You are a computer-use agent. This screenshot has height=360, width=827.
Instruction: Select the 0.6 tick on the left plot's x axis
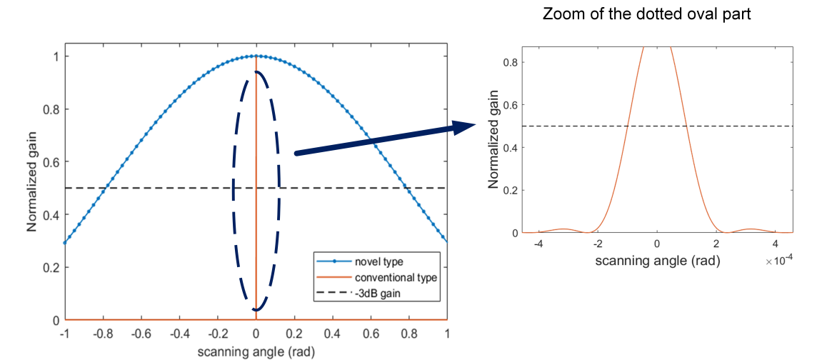371,334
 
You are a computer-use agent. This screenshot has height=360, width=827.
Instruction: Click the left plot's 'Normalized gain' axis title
32,188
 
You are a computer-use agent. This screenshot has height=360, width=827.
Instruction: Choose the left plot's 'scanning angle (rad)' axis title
256,351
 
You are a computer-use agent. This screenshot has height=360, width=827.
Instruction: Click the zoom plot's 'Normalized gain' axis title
493,140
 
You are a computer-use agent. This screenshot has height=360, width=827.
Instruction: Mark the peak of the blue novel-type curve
256,56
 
